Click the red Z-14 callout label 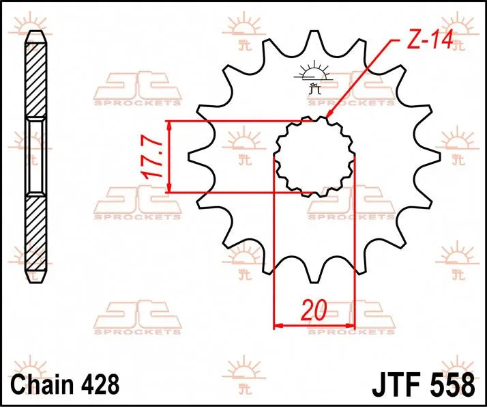click(430, 42)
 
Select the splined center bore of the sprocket click(314, 155)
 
